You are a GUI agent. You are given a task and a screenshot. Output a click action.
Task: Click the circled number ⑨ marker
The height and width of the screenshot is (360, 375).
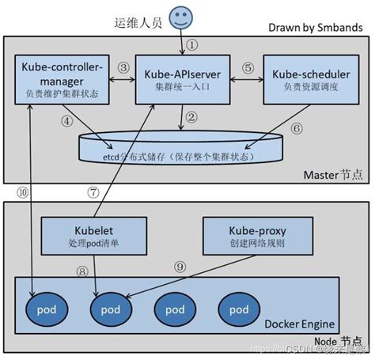(180, 267)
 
